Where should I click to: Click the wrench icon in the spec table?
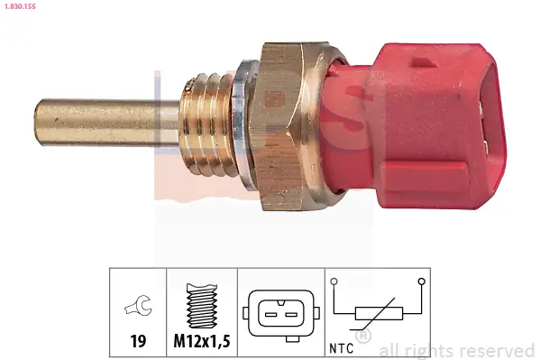pyautogui.click(x=138, y=309)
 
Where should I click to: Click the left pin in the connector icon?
pyautogui.click(x=268, y=314)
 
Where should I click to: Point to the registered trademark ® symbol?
pyautogui.click(x=364, y=336)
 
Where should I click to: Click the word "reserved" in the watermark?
pyautogui.click(x=497, y=350)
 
